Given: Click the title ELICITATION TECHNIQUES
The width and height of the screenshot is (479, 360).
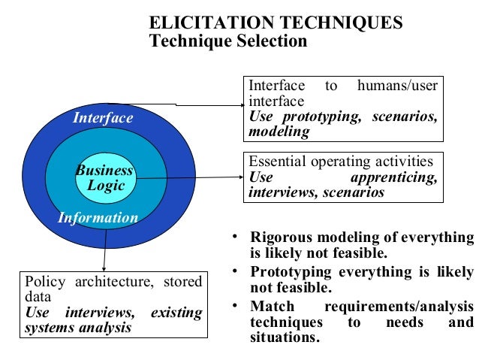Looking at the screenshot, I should pyautogui.click(x=276, y=23).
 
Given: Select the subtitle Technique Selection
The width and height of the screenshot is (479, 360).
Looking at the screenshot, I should pyautogui.click(x=228, y=41).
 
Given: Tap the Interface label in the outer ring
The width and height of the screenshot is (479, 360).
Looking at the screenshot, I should pyautogui.click(x=103, y=118).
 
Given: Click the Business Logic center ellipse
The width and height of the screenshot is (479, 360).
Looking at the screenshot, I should pyautogui.click(x=105, y=178).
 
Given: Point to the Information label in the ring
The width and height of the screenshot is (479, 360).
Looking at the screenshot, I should pyautogui.click(x=98, y=219).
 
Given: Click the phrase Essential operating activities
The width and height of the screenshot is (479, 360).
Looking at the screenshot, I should pyautogui.click(x=340, y=162).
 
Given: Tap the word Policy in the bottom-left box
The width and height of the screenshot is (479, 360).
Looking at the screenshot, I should pyautogui.click(x=46, y=283).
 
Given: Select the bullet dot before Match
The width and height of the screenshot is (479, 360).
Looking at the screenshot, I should pyautogui.click(x=236, y=306).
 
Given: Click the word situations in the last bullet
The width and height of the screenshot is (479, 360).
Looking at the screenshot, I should pyautogui.click(x=285, y=337).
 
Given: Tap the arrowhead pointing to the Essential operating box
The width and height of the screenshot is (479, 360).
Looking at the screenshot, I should pyautogui.click(x=240, y=177).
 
